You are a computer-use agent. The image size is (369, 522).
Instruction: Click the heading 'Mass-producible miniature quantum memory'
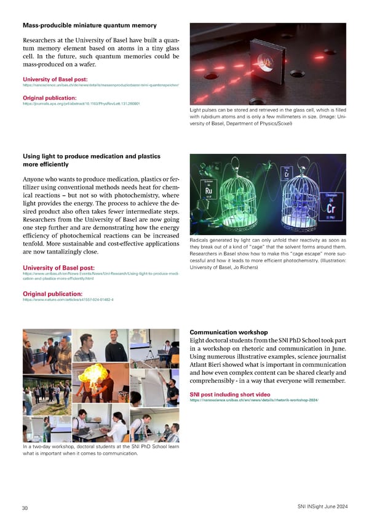(89, 25)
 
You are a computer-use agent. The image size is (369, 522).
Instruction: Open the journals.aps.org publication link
(82, 104)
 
